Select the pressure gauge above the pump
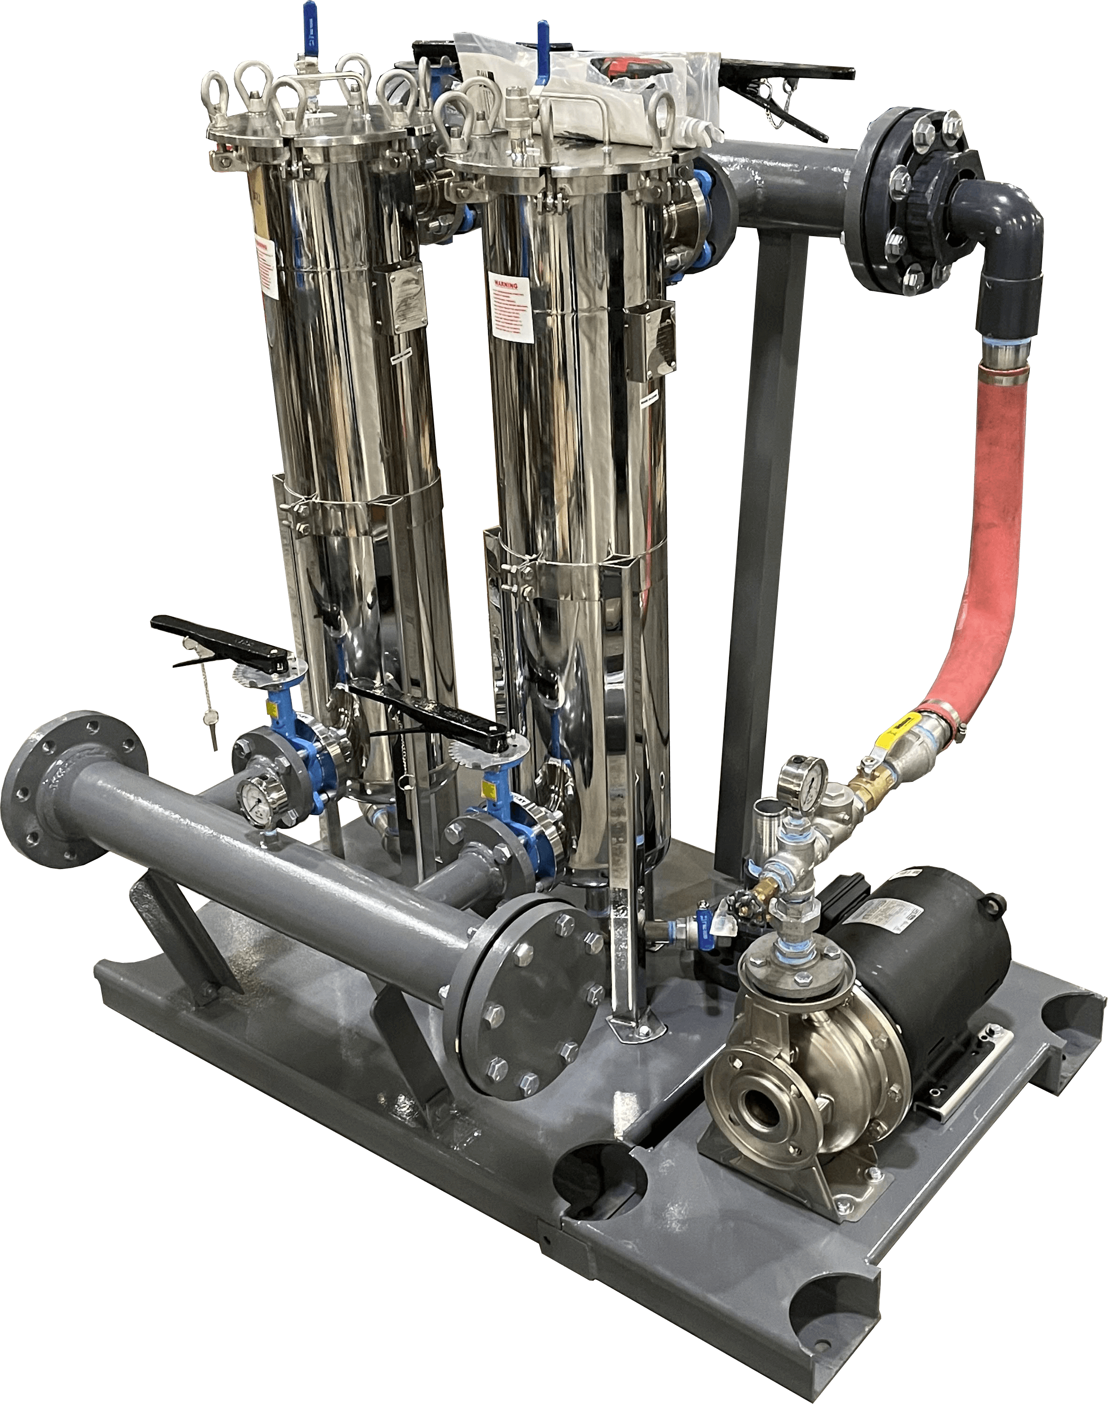[804, 780]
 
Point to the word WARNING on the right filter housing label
[505, 284]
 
